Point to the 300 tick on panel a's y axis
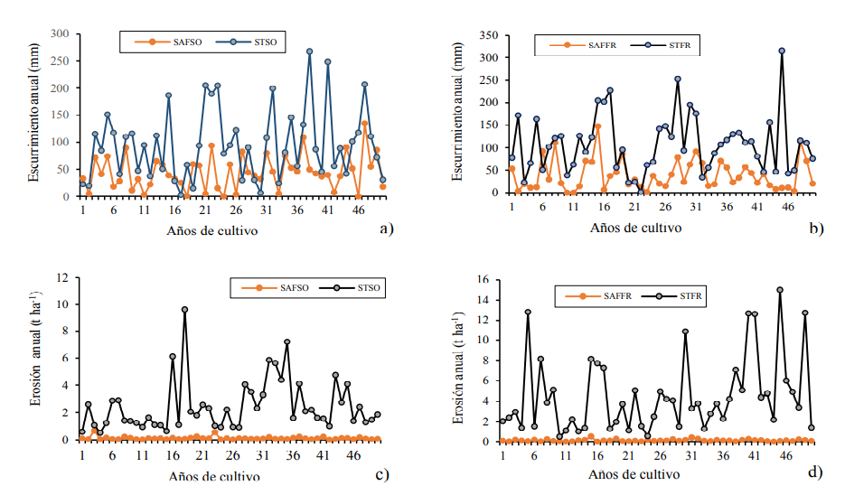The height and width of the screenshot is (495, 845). [60, 33]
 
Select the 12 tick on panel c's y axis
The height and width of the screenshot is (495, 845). [61, 277]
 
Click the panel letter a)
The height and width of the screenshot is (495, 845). [387, 229]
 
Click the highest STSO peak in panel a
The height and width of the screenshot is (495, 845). [309, 51]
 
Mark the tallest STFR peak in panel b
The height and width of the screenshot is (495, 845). [782, 51]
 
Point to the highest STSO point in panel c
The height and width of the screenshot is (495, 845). [184, 310]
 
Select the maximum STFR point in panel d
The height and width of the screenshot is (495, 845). [779, 290]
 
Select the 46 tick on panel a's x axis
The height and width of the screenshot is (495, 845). [358, 210]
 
